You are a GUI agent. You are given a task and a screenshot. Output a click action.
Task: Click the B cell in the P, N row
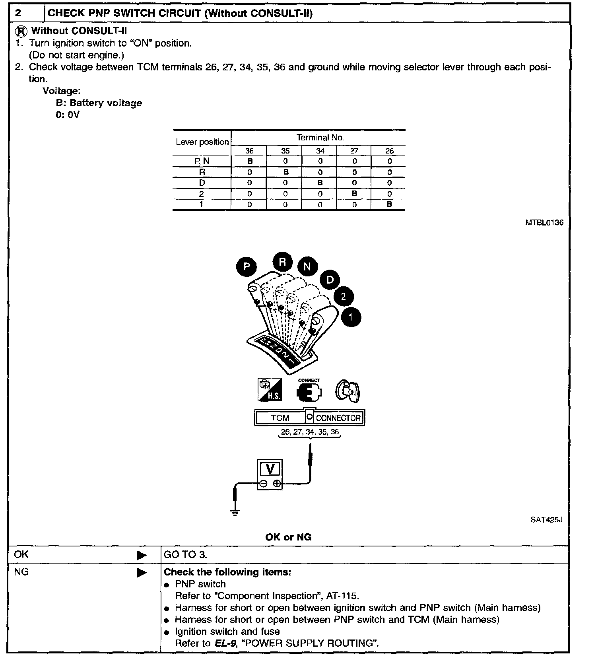tap(250, 161)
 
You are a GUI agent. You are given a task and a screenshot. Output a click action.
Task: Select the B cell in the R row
tap(285, 172)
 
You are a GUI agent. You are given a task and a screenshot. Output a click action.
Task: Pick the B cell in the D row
tap(320, 183)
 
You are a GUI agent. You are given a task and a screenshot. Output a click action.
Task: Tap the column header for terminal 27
tap(354, 151)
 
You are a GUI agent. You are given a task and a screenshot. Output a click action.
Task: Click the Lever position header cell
tap(202, 142)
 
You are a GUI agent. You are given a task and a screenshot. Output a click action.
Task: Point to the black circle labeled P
tap(247, 266)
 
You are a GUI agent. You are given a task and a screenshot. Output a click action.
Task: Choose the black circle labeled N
tap(307, 266)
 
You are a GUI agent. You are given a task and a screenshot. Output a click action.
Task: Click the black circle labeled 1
tap(350, 317)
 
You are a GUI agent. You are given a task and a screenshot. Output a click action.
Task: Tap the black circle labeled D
tap(330, 280)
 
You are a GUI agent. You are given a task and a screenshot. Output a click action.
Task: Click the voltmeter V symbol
tap(270, 469)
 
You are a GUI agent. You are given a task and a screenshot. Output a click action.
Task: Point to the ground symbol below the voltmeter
tap(235, 512)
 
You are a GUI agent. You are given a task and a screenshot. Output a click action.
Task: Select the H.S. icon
tap(270, 390)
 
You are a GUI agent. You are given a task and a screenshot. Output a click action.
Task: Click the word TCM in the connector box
tap(280, 418)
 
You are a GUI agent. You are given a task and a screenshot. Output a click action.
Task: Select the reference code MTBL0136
tap(544, 223)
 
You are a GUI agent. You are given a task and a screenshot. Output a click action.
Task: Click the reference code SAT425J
tap(546, 520)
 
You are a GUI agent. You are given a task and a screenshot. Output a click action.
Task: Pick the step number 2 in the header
tap(18, 13)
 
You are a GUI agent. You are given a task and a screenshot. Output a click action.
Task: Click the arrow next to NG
tap(142, 573)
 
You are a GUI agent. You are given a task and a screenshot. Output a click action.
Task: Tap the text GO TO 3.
tap(185, 554)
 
